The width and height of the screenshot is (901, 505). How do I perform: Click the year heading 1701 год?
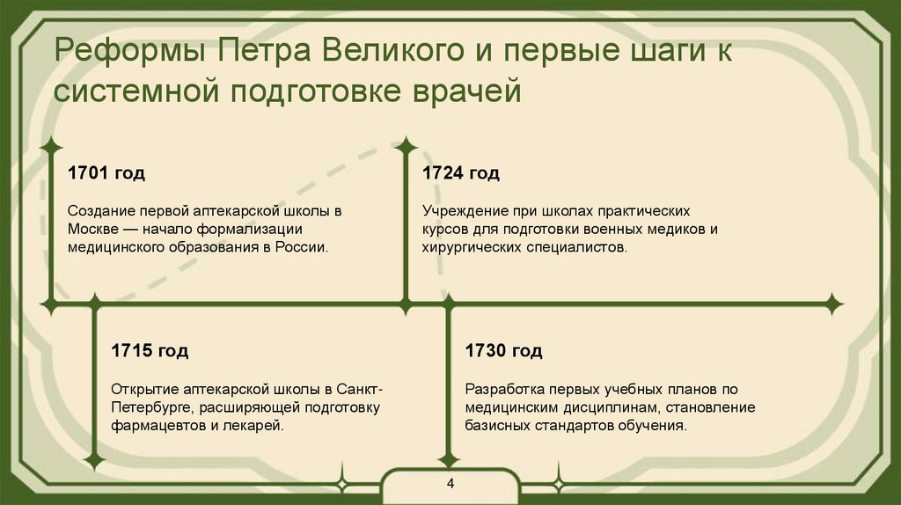106,173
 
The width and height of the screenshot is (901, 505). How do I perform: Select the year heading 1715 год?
149,351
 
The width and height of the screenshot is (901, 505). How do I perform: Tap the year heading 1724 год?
460,173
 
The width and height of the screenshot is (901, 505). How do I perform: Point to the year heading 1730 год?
503,351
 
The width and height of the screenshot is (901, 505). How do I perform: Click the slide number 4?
450,485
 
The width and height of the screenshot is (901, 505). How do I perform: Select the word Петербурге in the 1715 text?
152,408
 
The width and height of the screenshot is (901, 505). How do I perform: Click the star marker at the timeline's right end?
832,304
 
